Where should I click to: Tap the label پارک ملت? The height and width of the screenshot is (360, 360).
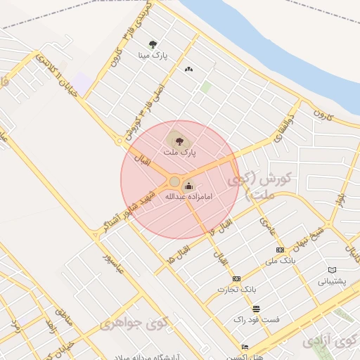click(x=179, y=151)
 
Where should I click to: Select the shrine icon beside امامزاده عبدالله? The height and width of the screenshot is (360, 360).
click(x=188, y=186)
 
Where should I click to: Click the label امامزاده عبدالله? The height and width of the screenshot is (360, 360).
click(x=188, y=198)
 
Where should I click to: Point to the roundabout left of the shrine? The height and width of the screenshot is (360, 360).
click(x=174, y=182)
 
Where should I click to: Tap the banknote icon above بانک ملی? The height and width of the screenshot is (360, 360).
click(x=280, y=250)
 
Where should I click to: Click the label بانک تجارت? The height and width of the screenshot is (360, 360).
click(x=237, y=289)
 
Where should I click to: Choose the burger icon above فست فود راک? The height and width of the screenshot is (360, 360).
click(x=256, y=309)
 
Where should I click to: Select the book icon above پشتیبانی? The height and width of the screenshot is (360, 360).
click(x=332, y=270)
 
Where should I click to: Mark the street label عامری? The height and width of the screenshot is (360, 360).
click(x=267, y=225)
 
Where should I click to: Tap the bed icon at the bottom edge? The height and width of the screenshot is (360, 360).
click(x=245, y=347)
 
